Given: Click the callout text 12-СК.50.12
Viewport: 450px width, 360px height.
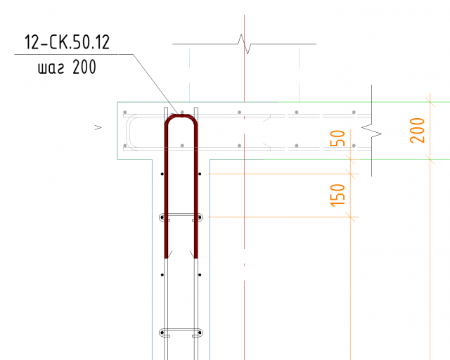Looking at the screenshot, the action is coord(67,42).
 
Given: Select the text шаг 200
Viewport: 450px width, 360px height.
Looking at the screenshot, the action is coord(67,67).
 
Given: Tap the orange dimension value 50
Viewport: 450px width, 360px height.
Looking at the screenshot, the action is coord(337,139).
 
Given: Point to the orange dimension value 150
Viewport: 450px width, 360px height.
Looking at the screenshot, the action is coord(337,195).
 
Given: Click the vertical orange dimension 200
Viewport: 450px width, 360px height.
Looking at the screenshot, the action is coord(417,130).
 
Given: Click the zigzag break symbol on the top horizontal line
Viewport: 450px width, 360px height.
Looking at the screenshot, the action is coord(245,44).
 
